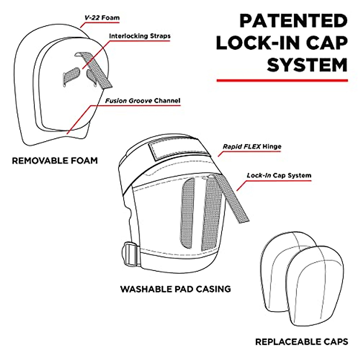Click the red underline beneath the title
[x=282, y=80]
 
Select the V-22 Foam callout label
[x=102, y=18]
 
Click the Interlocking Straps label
[x=140, y=36]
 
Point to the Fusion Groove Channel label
[x=143, y=101]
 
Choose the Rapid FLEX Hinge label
[x=252, y=147]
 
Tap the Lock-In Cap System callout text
[x=279, y=175]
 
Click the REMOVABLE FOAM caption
[x=55, y=161]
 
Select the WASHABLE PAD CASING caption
[x=175, y=289]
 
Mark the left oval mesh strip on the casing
[x=187, y=213]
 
